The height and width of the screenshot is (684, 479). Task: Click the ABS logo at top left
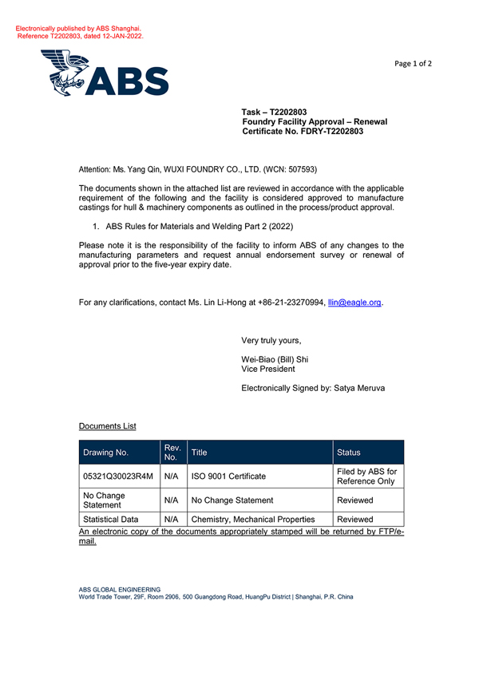coord(105,73)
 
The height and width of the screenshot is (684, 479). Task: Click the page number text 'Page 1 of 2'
coord(414,64)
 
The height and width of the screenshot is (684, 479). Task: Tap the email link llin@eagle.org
coord(355,302)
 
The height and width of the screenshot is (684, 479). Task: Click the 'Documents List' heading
coord(107,426)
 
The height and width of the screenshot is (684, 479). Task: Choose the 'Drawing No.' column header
coord(105,453)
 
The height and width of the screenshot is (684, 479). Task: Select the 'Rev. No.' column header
coord(170,453)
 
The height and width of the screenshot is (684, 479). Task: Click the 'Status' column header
coord(350,453)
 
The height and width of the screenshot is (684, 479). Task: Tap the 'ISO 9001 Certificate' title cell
coord(228,476)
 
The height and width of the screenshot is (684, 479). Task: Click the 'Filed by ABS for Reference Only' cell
coord(366,476)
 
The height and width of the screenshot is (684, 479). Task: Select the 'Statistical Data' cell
coord(111,520)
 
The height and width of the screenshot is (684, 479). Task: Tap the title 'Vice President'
coord(268,370)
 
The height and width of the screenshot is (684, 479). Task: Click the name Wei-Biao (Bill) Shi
coord(275,359)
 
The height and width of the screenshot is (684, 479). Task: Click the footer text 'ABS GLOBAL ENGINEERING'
coord(119,590)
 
